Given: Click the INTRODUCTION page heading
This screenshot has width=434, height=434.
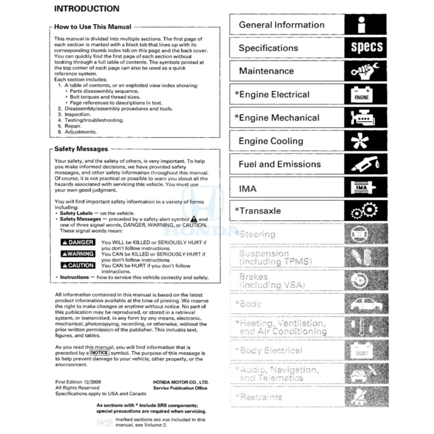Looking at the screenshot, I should point(87,9).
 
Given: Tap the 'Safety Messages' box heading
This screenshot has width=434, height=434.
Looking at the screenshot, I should point(81,149).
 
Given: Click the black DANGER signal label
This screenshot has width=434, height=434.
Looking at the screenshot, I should point(78,243).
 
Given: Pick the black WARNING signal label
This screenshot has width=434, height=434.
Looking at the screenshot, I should point(78,254).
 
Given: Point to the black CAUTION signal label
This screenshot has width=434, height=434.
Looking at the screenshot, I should point(78,265).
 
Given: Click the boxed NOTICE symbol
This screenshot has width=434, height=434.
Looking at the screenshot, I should point(100,354).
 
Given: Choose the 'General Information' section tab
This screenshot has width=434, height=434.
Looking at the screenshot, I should point(281,25).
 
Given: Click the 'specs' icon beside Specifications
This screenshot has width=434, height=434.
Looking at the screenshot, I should point(366,48).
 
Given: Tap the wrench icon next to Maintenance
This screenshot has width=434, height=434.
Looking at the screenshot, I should point(366,71).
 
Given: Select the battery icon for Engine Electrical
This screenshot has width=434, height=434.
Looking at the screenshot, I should point(361,95).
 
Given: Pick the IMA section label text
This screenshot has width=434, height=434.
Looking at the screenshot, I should point(248,189).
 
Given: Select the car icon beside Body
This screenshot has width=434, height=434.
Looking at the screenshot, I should point(366,304).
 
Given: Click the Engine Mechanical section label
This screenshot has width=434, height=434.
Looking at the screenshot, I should point(276,118).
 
